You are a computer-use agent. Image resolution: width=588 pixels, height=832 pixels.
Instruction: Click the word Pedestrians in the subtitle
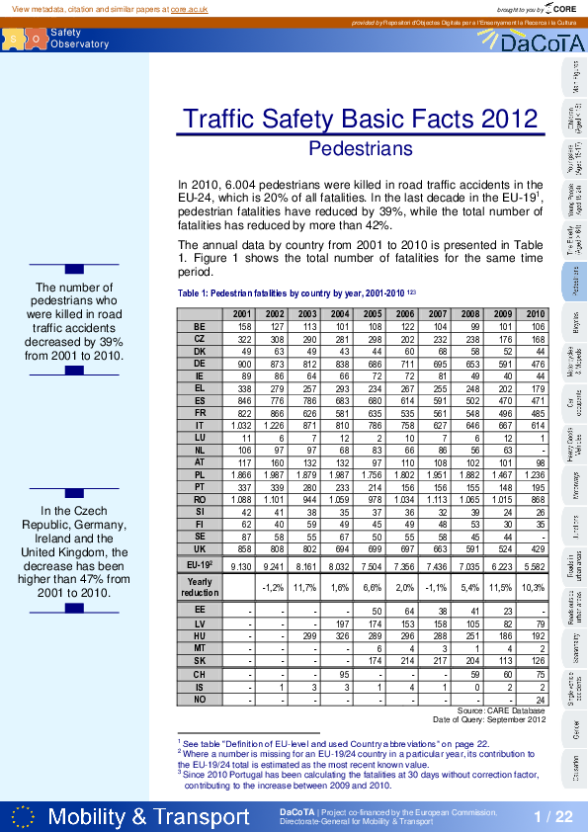pyautogui.click(x=361, y=149)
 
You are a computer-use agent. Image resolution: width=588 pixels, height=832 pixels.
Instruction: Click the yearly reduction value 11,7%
pyautogui.click(x=306, y=587)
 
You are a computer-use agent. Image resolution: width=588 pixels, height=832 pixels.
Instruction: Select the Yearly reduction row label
pyautogui.click(x=200, y=587)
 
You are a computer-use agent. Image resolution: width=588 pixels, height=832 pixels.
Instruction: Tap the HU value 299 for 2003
pyautogui.click(x=308, y=638)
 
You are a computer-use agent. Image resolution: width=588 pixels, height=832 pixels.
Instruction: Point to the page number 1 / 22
pyautogui.click(x=553, y=816)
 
